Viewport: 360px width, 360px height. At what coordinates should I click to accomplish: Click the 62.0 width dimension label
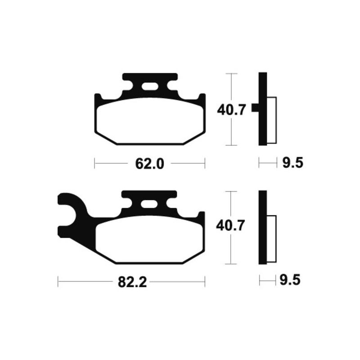pyautogui.click(x=149, y=163)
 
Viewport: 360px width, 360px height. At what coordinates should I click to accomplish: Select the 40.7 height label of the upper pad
pyautogui.click(x=231, y=109)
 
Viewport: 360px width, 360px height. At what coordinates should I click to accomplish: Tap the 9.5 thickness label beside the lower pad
pyautogui.click(x=289, y=281)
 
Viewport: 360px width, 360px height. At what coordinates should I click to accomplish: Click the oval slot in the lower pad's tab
pyautogui.click(x=149, y=204)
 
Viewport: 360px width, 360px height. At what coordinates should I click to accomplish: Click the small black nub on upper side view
pyautogui.click(x=255, y=108)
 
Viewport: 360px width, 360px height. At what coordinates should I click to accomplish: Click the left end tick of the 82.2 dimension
pyautogui.click(x=58, y=283)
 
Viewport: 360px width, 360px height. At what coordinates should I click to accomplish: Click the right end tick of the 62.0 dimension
pyautogui.click(x=205, y=163)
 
